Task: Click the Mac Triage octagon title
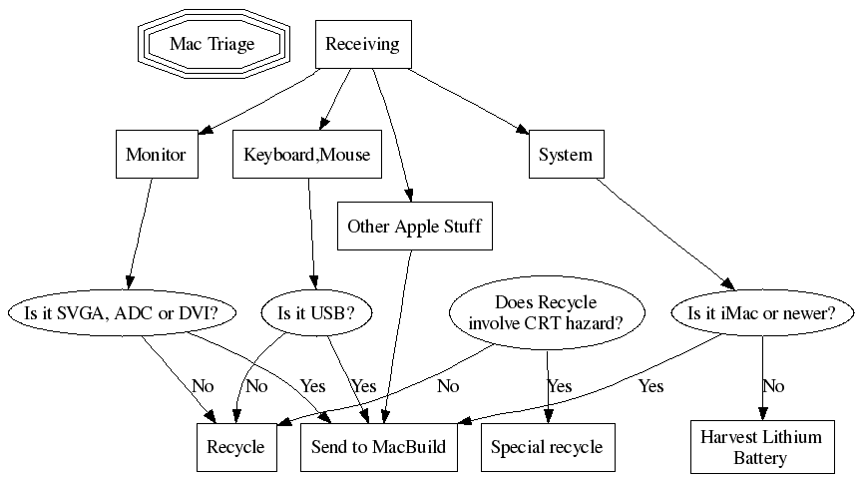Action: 212,44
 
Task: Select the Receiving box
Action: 362,44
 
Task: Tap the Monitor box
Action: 156,155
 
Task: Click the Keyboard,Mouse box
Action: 306,155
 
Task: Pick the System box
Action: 565,155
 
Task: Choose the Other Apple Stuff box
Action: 414,227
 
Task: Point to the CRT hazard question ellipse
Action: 546,313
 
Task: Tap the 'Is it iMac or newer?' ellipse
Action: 761,313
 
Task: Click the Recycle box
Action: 235,446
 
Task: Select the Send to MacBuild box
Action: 378,446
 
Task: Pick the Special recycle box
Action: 547,446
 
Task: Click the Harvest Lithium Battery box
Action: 761,448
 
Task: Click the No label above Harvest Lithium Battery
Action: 773,386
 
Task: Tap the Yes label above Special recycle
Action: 560,386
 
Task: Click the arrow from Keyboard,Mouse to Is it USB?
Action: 311,230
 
